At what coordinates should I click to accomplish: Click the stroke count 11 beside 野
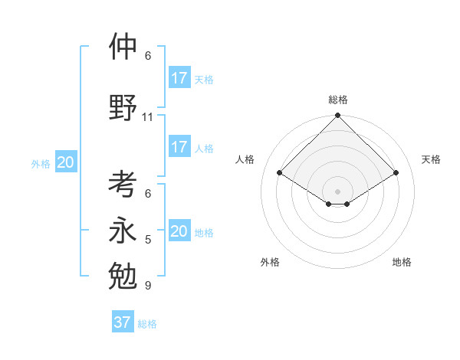[x=147, y=117]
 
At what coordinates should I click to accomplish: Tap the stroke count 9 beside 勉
[x=147, y=286]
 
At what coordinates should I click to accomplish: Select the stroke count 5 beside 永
[x=147, y=240]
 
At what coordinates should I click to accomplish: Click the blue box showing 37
[x=123, y=322]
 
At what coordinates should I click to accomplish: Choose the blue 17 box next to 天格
[x=179, y=78]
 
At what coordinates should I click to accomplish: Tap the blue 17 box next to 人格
[x=179, y=147]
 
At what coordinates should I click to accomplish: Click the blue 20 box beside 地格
[x=179, y=231]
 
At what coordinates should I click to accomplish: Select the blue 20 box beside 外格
[x=66, y=162]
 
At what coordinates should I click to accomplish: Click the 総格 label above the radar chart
[x=338, y=100]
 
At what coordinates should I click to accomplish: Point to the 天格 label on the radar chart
[x=431, y=159]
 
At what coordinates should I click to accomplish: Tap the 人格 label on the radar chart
[x=245, y=159]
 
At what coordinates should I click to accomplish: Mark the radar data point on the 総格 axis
[x=338, y=116]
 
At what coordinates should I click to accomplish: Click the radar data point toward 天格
[x=396, y=173]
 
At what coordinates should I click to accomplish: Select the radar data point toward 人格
[x=280, y=173]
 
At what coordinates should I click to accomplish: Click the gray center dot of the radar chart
[x=338, y=191]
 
